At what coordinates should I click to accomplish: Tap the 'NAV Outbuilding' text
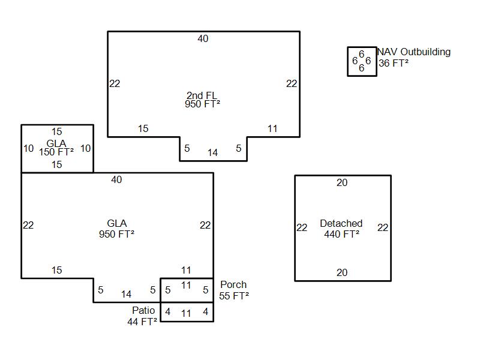[x=414, y=52]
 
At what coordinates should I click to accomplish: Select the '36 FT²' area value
[x=394, y=62]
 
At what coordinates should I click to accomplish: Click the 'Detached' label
[x=341, y=224]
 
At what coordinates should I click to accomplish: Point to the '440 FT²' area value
[x=341, y=234]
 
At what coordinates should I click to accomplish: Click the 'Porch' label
[x=233, y=285]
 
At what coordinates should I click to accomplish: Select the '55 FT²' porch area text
[x=234, y=295]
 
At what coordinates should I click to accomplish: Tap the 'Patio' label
[x=143, y=311]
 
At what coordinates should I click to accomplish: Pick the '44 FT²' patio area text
[x=142, y=322]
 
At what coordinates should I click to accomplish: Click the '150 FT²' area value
[x=56, y=152]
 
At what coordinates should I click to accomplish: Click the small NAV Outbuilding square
[x=362, y=61]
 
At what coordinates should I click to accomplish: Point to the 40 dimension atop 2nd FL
[x=203, y=39]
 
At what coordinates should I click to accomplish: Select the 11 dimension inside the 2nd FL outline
[x=272, y=128]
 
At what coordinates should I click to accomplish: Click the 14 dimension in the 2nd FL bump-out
[x=212, y=153]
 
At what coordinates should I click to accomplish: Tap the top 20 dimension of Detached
[x=342, y=183]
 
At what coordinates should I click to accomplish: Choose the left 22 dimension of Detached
[x=302, y=227]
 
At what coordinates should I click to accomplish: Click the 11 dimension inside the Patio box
[x=186, y=313]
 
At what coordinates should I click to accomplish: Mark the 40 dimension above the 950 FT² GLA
[x=116, y=180]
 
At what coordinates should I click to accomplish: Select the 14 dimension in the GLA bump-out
[x=126, y=294]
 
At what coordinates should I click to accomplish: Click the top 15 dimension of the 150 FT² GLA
[x=56, y=132]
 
